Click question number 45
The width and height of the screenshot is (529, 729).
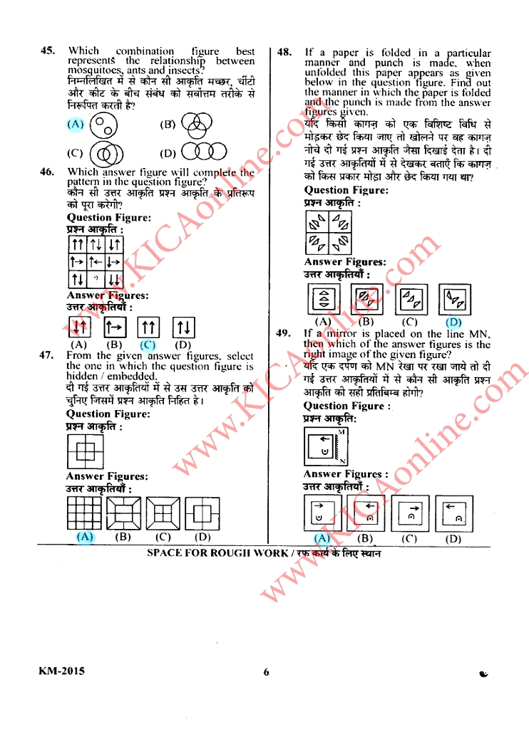48,51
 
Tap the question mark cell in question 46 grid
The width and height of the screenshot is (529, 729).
96,277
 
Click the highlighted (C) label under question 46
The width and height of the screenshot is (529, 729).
148,345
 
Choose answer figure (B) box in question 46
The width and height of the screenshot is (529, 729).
115,327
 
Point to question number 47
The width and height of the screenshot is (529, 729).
48,356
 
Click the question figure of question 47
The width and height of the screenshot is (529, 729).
82,451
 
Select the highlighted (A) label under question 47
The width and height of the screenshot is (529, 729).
84,536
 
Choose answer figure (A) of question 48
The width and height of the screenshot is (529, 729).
324,300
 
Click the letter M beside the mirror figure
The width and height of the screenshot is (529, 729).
342,433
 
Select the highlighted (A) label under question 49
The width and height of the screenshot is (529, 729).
322,538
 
